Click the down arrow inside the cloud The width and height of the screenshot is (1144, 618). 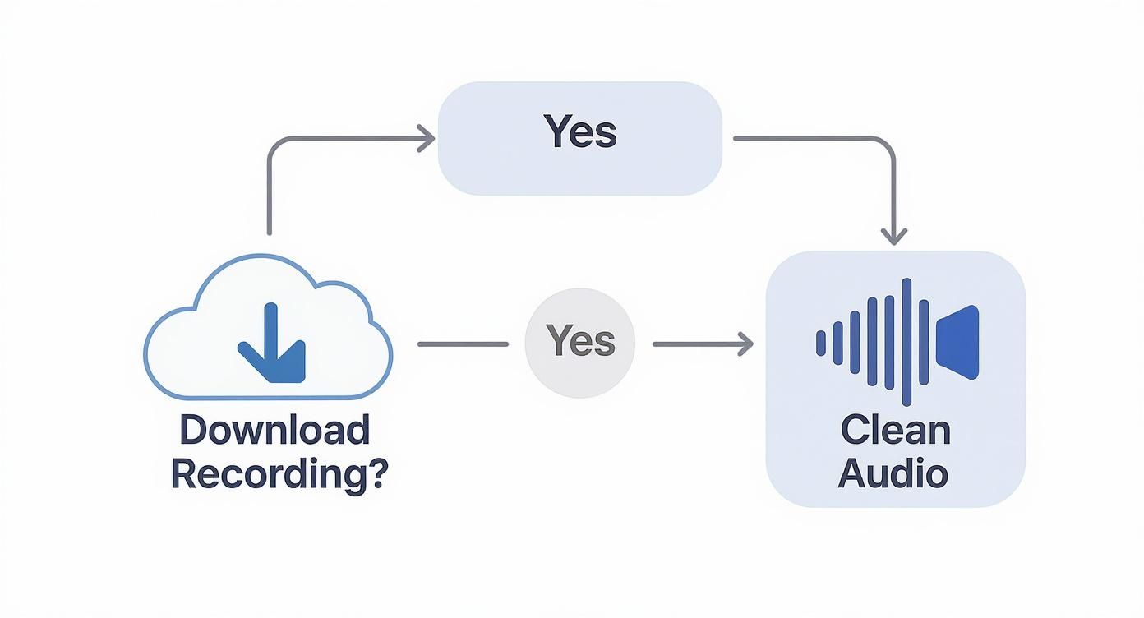(271, 344)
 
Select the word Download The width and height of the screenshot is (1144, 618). (274, 430)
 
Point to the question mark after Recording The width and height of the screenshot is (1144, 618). (375, 474)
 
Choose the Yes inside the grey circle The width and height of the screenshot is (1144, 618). (580, 341)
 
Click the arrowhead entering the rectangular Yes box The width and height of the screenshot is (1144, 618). (426, 139)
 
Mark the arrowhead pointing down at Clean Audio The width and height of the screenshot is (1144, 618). (893, 236)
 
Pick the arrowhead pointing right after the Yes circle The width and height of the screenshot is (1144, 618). (744, 344)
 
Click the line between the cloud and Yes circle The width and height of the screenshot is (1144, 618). (463, 344)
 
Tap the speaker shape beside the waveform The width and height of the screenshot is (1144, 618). (958, 342)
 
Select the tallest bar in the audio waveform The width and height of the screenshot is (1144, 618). (906, 342)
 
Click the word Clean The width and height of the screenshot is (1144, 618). (895, 430)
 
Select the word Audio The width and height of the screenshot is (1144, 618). (893, 474)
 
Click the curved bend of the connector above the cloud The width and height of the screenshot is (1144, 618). (274, 145)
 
